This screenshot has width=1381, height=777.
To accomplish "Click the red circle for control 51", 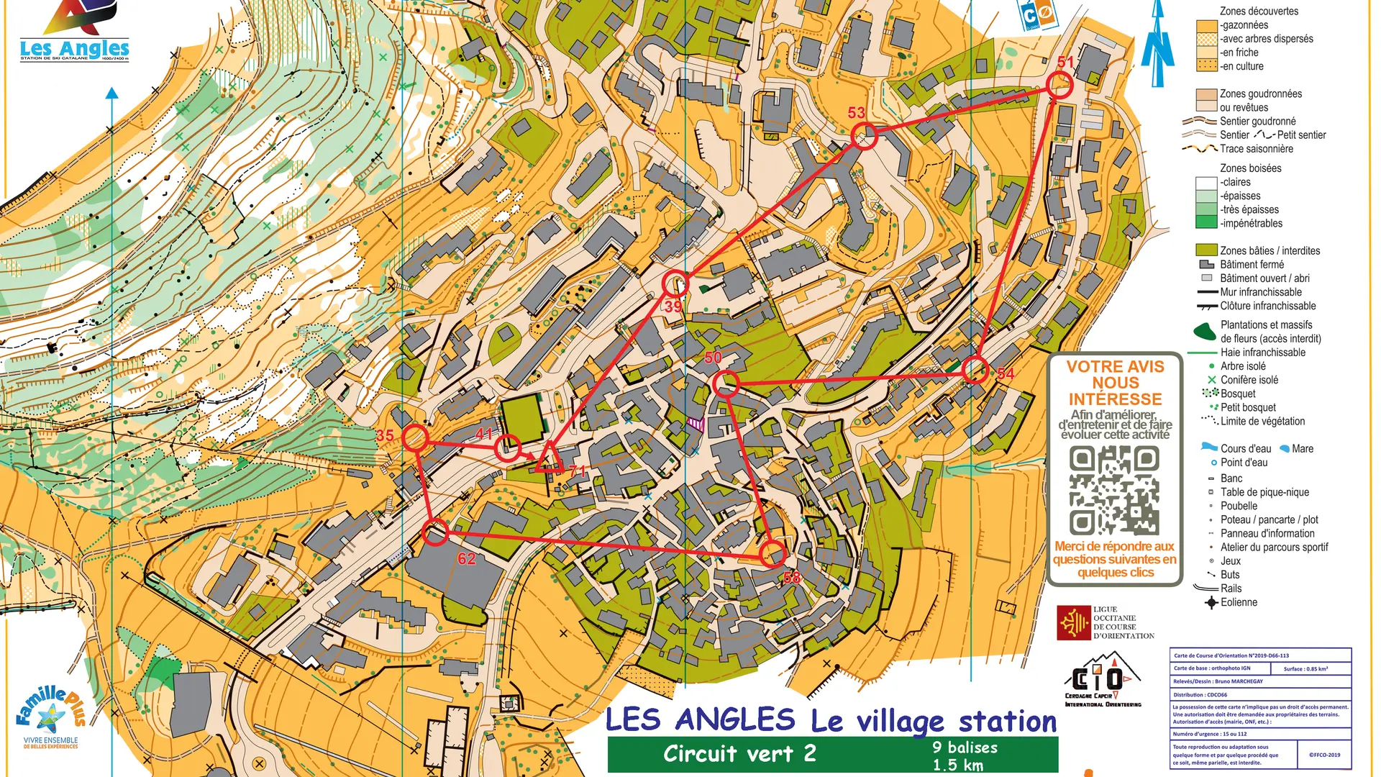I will [1059, 86].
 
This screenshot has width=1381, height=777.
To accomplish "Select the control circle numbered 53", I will [864, 136].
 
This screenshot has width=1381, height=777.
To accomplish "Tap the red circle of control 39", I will [675, 284].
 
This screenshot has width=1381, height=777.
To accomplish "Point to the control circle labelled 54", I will [975, 370].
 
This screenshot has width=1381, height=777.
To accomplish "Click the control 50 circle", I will [726, 384].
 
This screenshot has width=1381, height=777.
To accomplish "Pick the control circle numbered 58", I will [772, 554].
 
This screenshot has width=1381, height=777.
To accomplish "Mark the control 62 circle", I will [435, 533].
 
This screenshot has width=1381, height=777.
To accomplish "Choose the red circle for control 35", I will [415, 437].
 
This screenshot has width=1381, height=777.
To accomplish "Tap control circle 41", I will [507, 448].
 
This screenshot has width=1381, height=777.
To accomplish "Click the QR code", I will [1113, 490].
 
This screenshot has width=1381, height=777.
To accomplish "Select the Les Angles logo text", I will [74, 49].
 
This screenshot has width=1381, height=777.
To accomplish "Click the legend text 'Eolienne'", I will [1239, 602].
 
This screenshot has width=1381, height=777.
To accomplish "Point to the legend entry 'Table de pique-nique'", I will [1264, 492].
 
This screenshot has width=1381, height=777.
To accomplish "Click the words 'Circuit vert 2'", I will [739, 754].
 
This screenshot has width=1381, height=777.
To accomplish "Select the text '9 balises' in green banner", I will [965, 748].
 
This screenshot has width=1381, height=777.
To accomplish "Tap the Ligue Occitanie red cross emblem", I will [1073, 622].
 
